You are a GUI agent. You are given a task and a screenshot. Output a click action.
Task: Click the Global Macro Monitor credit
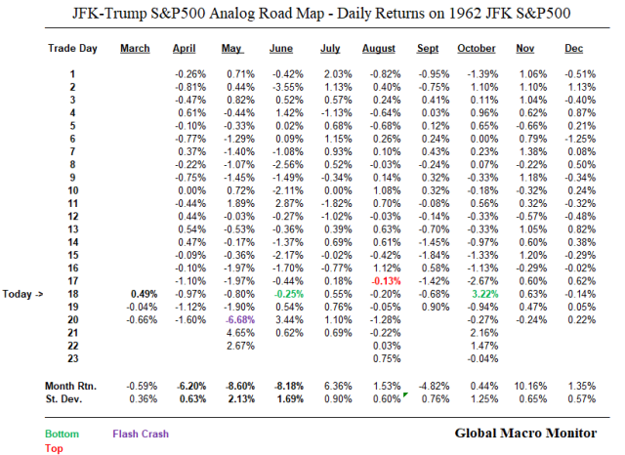click(x=531, y=431)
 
